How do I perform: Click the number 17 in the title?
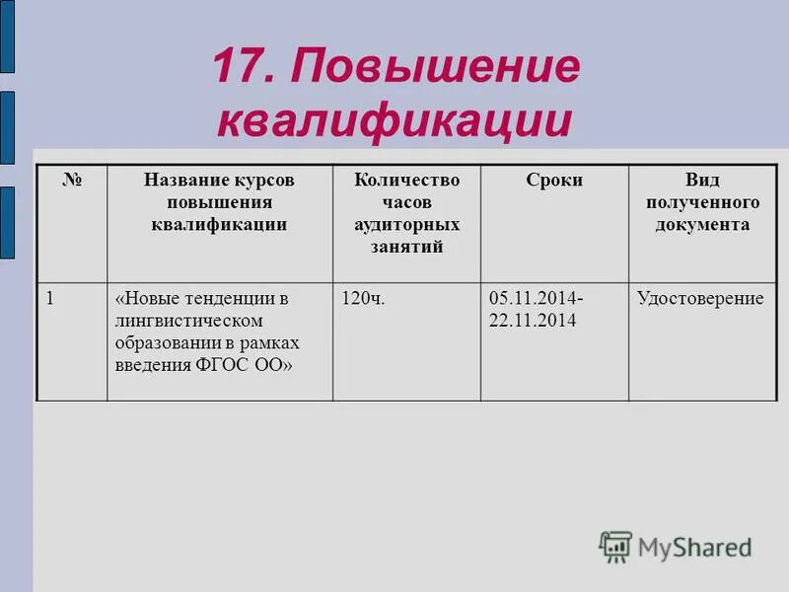pyautogui.click(x=240, y=68)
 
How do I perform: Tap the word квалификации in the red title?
pyautogui.click(x=394, y=120)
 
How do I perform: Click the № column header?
pyautogui.click(x=72, y=181)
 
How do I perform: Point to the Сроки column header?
pyautogui.click(x=554, y=181)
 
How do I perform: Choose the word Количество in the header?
pyautogui.click(x=406, y=181)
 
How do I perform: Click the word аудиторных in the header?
pyautogui.click(x=406, y=225)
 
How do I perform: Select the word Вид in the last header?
pyautogui.click(x=702, y=181)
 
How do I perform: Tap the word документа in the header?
pyautogui.click(x=702, y=225)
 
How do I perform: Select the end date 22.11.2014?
pyautogui.click(x=533, y=321)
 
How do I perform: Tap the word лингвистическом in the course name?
pyautogui.click(x=188, y=321)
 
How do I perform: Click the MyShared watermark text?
pyautogui.click(x=694, y=547)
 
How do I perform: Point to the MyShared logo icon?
pyautogui.click(x=615, y=546)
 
